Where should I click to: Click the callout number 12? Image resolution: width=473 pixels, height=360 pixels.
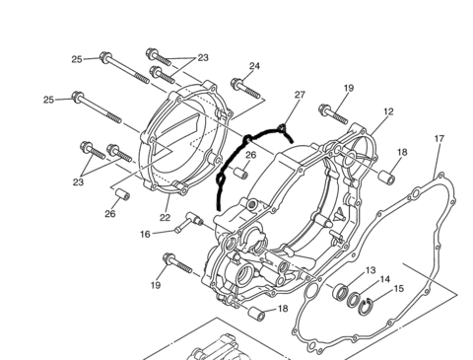click(388, 111)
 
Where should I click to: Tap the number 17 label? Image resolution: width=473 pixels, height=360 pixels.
click(439, 139)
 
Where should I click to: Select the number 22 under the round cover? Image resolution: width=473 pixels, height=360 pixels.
click(166, 217)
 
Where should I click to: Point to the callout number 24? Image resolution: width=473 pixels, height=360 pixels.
click(254, 66)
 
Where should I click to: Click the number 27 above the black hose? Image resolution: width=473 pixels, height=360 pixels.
click(300, 95)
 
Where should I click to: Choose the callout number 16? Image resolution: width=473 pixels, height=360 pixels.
click(145, 235)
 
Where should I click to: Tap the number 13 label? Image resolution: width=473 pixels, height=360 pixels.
click(371, 270)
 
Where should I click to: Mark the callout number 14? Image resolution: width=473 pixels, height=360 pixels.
click(384, 279)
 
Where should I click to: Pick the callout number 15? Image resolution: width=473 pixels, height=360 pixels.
click(398, 289)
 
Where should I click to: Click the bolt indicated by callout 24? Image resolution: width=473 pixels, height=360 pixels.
click(245, 88)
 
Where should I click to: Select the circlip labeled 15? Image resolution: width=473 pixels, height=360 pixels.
click(366, 306)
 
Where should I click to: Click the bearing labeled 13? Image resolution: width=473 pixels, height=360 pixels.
click(341, 292)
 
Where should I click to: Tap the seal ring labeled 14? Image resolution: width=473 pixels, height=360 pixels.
click(354, 300)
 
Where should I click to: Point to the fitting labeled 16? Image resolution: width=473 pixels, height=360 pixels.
click(189, 222)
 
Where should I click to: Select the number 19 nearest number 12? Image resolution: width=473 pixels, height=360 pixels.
click(349, 88)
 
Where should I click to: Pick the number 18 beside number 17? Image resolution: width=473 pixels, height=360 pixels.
click(402, 152)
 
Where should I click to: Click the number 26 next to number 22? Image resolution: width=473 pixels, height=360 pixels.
click(110, 214)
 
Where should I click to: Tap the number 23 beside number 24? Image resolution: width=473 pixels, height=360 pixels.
click(203, 58)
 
